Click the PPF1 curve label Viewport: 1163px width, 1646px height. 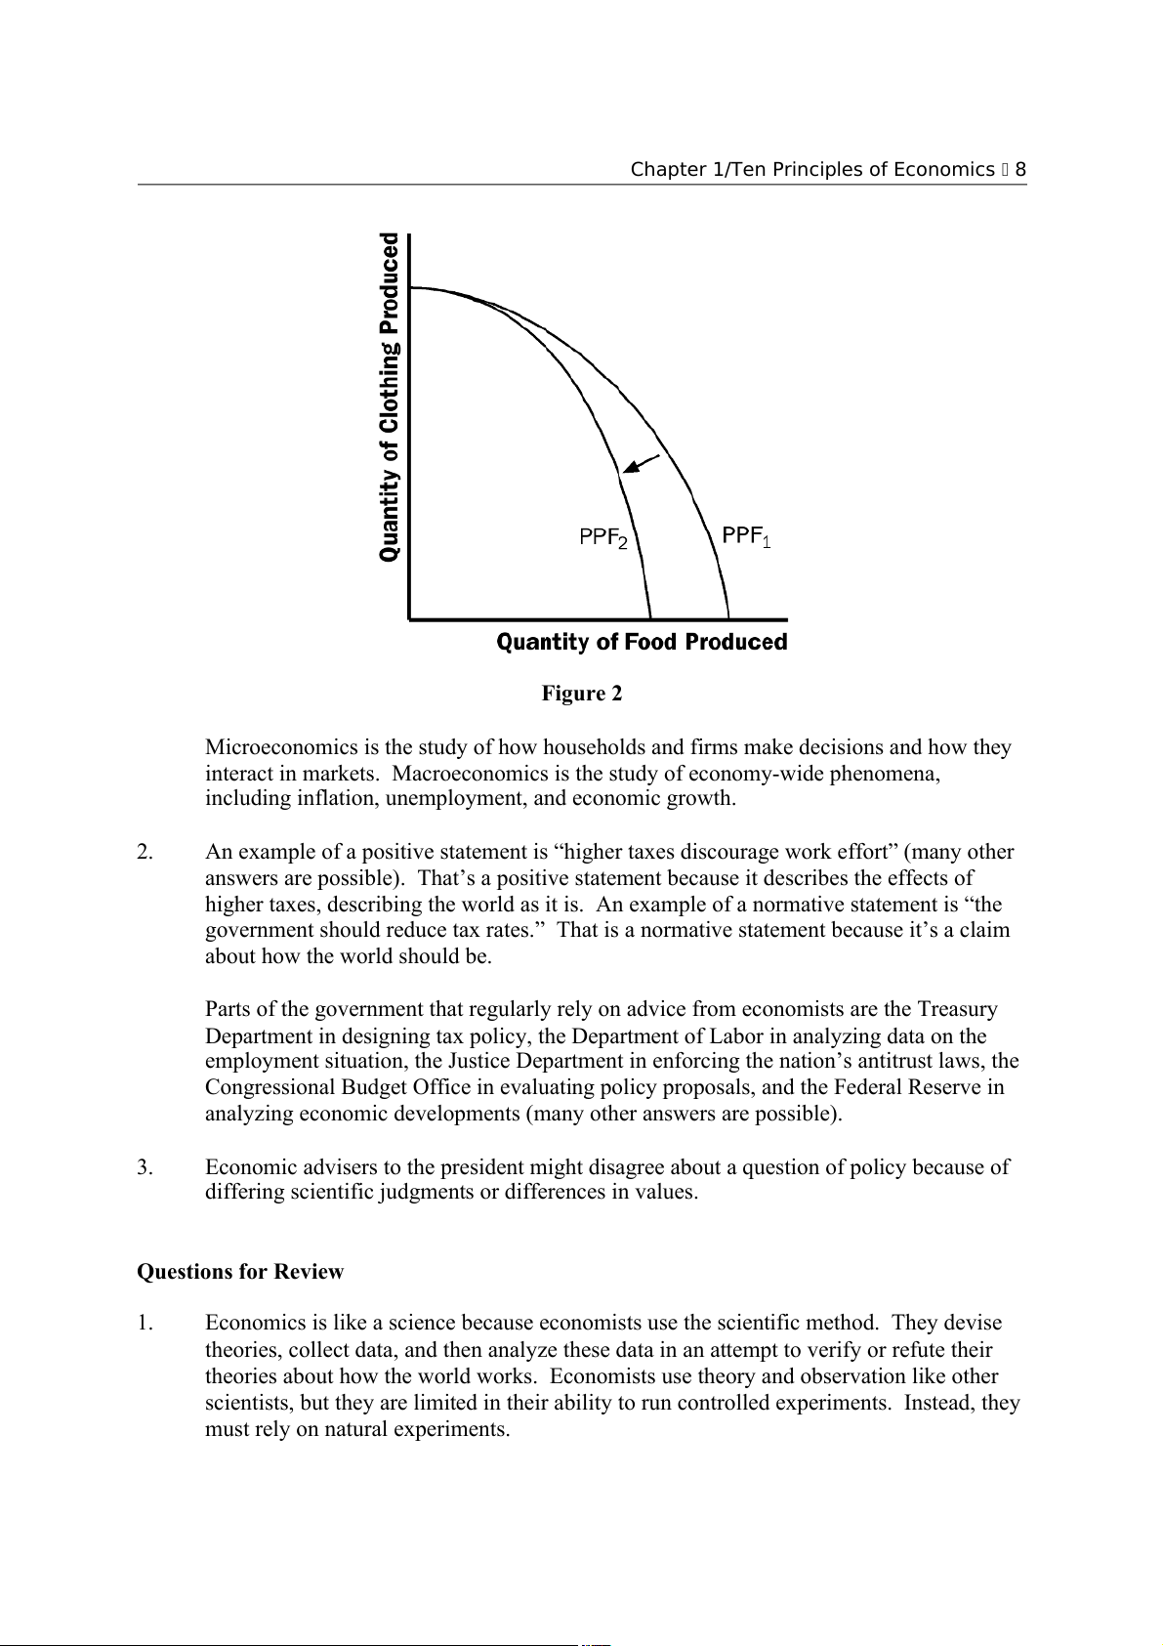[x=746, y=536]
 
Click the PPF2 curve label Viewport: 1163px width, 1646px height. [x=603, y=538]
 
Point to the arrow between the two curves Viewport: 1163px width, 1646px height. [x=641, y=464]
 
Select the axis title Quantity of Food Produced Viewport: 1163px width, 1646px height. [x=642, y=642]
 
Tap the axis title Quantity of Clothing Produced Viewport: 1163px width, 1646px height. [x=390, y=397]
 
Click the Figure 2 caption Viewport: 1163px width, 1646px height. [x=582, y=694]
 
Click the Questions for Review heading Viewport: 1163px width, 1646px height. [x=240, y=1272]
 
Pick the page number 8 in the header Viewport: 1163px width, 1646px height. [x=1020, y=170]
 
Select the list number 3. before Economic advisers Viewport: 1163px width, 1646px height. [x=145, y=1167]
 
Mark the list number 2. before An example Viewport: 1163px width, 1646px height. [x=145, y=852]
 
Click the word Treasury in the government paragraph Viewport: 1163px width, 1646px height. [x=957, y=1009]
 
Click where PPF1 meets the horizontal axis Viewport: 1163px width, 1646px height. [x=728, y=618]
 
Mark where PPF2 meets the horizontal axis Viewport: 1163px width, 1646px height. [x=651, y=618]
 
